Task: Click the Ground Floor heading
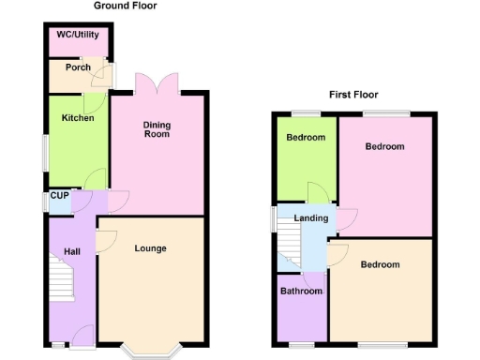coord(125,6)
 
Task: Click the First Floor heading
coord(352,95)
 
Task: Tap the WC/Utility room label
coord(78,36)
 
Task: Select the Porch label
coord(78,67)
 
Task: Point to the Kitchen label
coord(78,118)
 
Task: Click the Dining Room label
coord(157,129)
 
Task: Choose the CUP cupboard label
coord(59,196)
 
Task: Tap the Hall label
coord(72,251)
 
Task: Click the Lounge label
coord(150,248)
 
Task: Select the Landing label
coord(311,218)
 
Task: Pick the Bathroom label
coord(301,292)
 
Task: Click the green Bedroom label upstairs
coord(306,138)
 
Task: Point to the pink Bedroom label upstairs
coord(384,147)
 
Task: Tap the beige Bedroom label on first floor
coord(380,265)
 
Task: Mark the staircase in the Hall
coord(62,279)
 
